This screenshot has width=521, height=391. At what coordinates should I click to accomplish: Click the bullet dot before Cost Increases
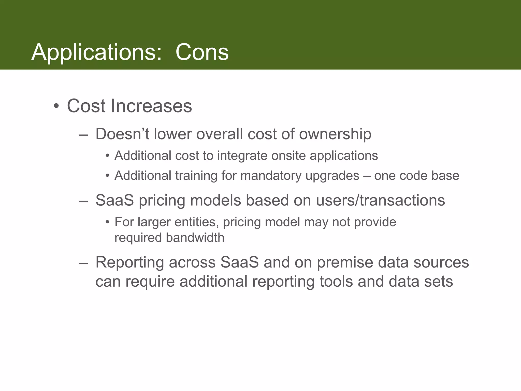pyautogui.click(x=56, y=106)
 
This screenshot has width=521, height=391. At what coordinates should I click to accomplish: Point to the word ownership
pyautogui.click(x=335, y=134)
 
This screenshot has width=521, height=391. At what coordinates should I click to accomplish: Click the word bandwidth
pyautogui.click(x=195, y=238)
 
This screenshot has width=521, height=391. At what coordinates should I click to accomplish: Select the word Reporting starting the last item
pyautogui.click(x=129, y=263)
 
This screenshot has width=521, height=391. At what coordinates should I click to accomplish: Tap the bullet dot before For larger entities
pyautogui.click(x=108, y=222)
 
